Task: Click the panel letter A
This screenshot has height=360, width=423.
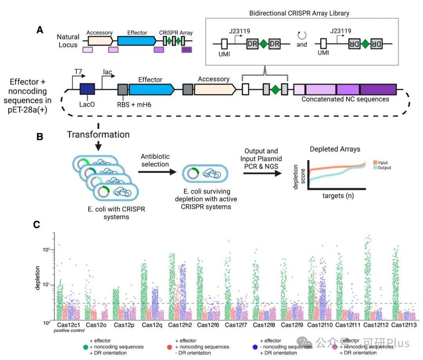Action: tap(39, 29)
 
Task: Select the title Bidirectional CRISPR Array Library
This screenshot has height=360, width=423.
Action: tap(299, 13)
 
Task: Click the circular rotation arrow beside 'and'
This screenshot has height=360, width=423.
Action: tap(302, 36)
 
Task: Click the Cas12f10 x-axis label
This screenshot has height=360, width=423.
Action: tap(319, 325)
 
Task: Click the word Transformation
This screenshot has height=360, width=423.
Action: tap(98, 134)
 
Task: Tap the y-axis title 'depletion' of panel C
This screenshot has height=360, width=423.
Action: tap(38, 278)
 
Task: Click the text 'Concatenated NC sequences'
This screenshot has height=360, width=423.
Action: tap(345, 99)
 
